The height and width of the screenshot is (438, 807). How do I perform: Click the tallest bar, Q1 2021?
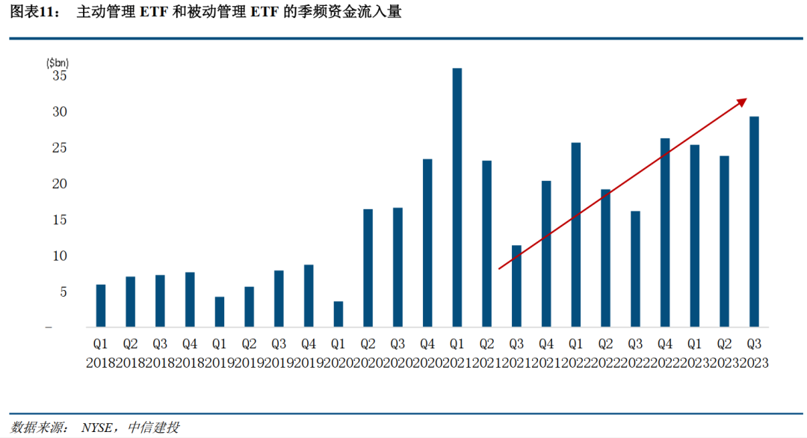coord(457,198)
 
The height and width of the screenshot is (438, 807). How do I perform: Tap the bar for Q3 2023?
coord(754,222)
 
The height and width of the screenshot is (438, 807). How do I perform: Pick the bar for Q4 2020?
coord(427,243)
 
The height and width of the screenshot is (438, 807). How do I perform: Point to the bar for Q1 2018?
coord(101,306)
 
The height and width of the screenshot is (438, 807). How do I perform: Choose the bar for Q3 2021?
coord(516,286)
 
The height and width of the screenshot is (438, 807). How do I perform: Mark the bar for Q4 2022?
coord(665,232)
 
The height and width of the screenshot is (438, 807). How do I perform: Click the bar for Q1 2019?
coord(220,312)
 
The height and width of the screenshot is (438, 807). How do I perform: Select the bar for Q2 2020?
coord(368,268)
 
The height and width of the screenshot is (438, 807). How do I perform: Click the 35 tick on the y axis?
coord(60,76)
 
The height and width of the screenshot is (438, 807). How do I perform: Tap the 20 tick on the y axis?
coord(60,184)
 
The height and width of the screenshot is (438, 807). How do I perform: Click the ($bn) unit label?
coord(58,62)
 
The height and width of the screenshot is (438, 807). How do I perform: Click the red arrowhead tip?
coord(746,99)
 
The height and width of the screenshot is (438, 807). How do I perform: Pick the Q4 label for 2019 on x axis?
coord(309,345)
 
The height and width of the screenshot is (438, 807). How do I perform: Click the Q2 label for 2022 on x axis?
coord(605,345)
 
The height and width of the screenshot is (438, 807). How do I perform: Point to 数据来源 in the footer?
coord(37,428)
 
